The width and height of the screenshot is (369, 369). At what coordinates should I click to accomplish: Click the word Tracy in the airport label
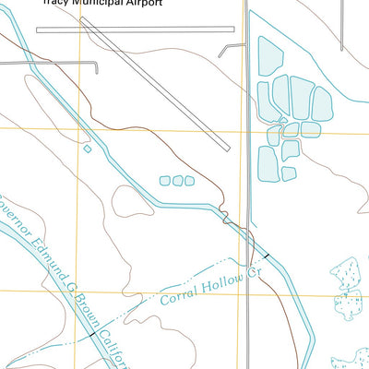pyautogui.click(x=57, y=4)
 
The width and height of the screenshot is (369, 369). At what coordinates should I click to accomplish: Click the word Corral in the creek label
pyautogui.click(x=180, y=295)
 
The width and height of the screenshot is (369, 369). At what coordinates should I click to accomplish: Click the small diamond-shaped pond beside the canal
pyautogui.click(x=88, y=148)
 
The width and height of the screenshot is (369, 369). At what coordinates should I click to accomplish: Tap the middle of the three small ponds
pyautogui.click(x=177, y=181)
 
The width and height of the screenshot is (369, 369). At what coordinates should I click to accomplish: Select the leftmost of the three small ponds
pyautogui.click(x=165, y=181)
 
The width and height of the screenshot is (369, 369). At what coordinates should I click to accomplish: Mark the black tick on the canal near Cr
pyautogui.click(x=268, y=254)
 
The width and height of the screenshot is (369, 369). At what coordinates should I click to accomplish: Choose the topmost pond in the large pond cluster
pyautogui.click(x=270, y=55)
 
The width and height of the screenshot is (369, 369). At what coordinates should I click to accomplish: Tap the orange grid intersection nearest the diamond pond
pyautogui.click(x=81, y=128)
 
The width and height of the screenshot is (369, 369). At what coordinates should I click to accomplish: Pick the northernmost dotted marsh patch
pyautogui.click(x=348, y=275)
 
